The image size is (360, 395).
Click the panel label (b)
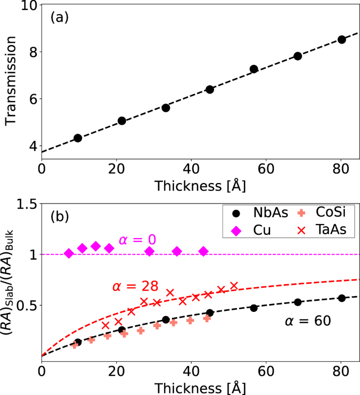[x=59, y=216]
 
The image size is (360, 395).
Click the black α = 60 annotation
[x=307, y=320]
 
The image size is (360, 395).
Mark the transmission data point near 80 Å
[x=342, y=39]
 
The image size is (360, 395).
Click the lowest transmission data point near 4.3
[x=78, y=138]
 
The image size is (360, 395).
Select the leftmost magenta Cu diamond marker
[x=68, y=254]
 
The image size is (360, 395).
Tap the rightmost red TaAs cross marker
[x=233, y=286]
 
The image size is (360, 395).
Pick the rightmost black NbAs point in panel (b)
[x=342, y=298]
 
